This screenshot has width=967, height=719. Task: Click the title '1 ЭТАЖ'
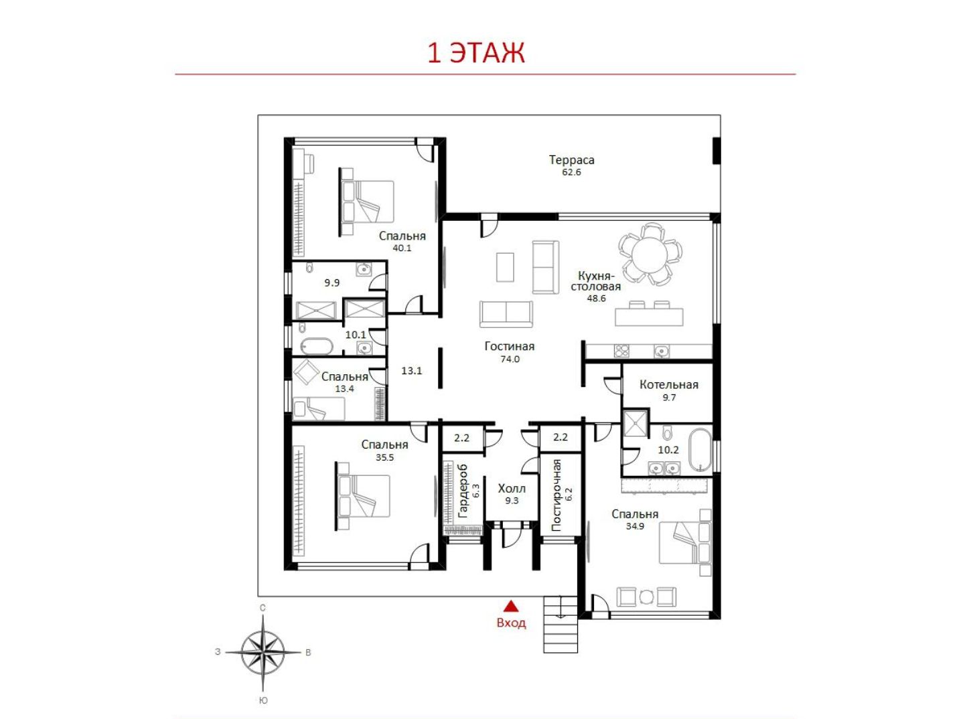476,53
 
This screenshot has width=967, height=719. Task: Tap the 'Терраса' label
572,160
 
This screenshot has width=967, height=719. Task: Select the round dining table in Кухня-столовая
650,254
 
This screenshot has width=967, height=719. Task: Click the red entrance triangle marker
511,606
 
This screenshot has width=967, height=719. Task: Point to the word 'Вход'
512,623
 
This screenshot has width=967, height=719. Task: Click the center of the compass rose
263,652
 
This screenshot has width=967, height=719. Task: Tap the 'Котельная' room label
669,384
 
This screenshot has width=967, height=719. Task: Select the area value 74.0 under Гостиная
510,359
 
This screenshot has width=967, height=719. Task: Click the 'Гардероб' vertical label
463,491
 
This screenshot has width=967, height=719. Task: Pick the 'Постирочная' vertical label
556,495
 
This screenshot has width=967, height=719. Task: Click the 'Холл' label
512,488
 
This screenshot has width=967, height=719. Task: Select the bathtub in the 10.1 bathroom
317,347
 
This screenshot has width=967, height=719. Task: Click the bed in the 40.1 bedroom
367,202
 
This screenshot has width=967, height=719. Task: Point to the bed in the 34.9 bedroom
685,542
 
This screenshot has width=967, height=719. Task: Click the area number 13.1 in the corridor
412,371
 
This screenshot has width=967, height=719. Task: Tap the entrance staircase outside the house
561,624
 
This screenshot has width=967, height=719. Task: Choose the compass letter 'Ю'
263,701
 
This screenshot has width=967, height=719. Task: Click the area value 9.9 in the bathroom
331,283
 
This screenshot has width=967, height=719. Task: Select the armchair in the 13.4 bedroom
306,372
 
